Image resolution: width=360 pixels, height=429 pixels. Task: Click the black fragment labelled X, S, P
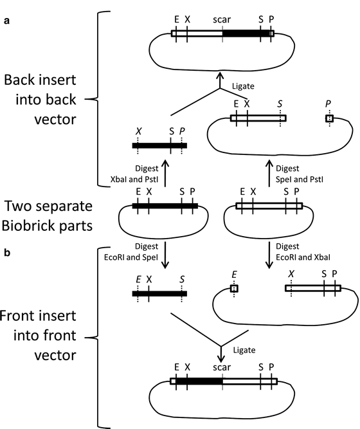pos(159,145)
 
